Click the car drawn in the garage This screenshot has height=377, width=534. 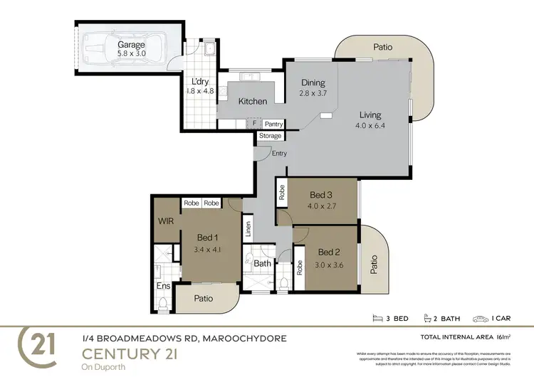tap(120, 52)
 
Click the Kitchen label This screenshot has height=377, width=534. tap(252, 102)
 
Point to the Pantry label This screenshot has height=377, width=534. tap(273, 124)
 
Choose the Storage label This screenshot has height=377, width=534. tap(270, 136)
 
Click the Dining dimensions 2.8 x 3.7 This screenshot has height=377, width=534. tap(313, 93)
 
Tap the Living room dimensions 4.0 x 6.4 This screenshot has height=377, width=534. tap(370, 126)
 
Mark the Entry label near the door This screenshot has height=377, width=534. tap(279, 153)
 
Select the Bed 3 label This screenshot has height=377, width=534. tap(321, 195)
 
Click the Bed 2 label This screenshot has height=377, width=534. tap(330, 252)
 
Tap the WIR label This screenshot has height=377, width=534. tap(166, 221)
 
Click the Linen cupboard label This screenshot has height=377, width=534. tap(248, 229)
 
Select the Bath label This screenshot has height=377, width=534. tap(262, 263)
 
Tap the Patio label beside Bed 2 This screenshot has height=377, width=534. tap(373, 265)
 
